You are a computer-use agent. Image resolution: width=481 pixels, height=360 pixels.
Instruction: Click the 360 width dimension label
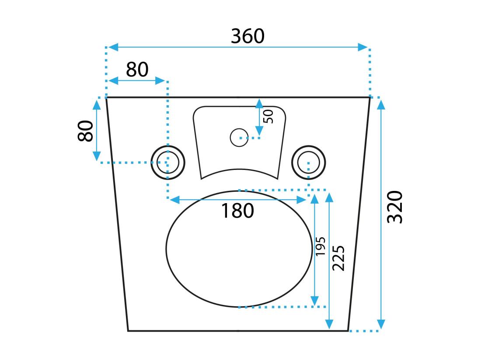tap(247, 36)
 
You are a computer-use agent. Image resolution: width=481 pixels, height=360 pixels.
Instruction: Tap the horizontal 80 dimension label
tap(137, 69)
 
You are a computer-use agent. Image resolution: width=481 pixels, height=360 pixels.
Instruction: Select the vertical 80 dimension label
tap(85, 131)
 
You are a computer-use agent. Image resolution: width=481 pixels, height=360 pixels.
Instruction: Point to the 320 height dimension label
tap(395, 207)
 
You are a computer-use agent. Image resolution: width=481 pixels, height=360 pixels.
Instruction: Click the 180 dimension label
tap(237, 211)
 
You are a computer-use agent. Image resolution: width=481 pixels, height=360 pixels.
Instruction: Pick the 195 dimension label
tap(321, 246)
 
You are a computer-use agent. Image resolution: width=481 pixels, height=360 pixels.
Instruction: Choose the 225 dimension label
tap(338, 258)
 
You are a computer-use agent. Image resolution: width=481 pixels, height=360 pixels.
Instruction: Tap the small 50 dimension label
tap(268, 116)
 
